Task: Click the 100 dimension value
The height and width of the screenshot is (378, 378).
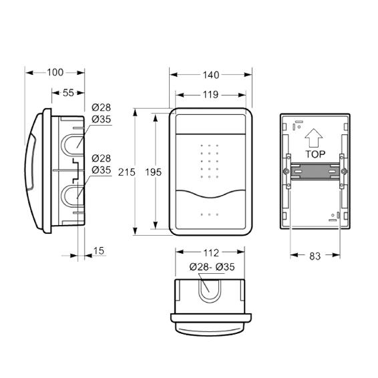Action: (x=55, y=72)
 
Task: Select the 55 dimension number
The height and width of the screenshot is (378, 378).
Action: (x=68, y=93)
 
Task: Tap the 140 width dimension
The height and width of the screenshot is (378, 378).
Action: (x=211, y=75)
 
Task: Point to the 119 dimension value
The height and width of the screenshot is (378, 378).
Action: (x=210, y=95)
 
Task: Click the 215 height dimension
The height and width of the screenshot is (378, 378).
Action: (x=127, y=172)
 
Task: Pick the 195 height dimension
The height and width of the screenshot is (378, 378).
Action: (x=154, y=172)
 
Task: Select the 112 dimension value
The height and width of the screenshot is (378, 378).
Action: (x=211, y=253)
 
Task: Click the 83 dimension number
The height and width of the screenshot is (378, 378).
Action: (x=315, y=256)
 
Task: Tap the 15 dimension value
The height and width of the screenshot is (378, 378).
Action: (x=99, y=250)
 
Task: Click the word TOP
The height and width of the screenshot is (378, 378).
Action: (x=315, y=154)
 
